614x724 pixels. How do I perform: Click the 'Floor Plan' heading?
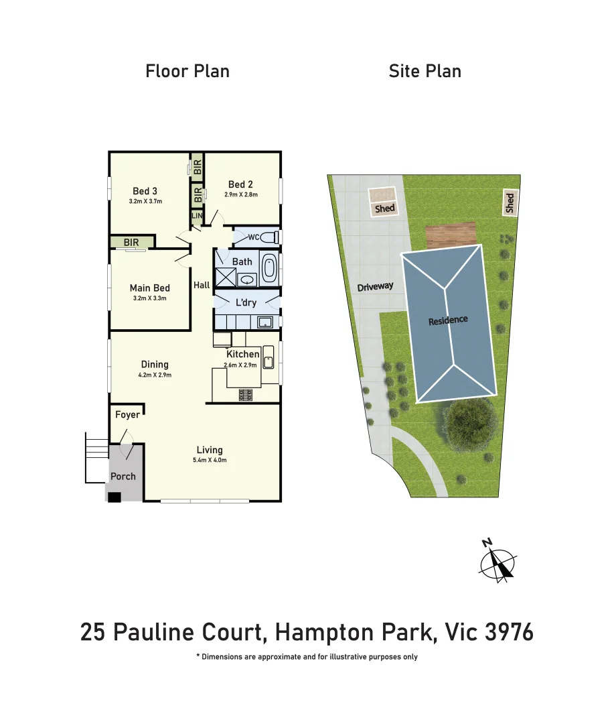(187, 71)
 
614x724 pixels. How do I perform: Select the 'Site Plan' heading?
(425, 71)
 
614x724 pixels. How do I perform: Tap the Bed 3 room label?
(145, 191)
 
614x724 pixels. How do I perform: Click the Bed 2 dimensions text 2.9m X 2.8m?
(241, 195)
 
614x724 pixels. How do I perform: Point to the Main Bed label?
(150, 288)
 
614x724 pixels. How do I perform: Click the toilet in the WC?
(268, 237)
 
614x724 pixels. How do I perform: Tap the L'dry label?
(246, 302)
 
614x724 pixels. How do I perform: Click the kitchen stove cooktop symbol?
(246, 396)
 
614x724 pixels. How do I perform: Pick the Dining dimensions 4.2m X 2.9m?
(155, 375)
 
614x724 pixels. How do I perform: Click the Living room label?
(210, 450)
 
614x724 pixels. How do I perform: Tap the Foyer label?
(127, 414)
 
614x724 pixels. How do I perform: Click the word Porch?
(123, 477)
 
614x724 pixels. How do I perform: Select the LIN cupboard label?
(197, 217)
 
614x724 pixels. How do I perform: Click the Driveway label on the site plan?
(375, 287)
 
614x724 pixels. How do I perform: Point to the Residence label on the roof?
(448, 320)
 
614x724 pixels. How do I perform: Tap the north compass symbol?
(497, 562)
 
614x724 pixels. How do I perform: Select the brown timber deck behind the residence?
(451, 236)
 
